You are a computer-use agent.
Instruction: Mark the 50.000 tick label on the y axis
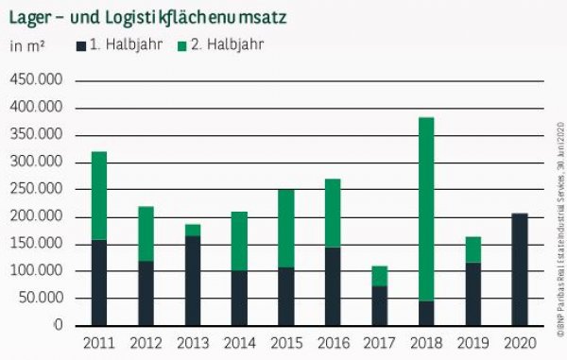[x=40, y=299]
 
